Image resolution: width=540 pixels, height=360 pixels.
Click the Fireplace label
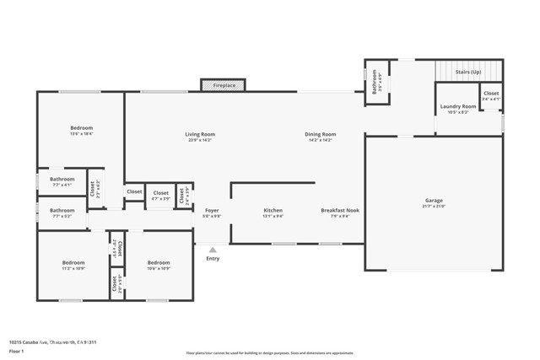point(224,85)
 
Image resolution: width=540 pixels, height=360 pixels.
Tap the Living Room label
point(200,134)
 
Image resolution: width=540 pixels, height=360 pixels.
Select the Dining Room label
point(321,134)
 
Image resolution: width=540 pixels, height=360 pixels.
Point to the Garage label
point(433,201)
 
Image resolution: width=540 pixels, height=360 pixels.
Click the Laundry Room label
point(457,107)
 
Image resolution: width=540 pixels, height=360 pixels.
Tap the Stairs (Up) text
point(468,72)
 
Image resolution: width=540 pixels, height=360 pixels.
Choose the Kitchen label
point(273,210)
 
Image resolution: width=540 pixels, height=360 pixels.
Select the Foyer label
point(213,210)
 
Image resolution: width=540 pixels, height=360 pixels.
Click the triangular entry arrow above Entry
point(213,250)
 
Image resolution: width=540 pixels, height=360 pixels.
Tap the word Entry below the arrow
point(213,258)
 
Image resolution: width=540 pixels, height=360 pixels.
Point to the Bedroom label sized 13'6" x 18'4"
point(81,128)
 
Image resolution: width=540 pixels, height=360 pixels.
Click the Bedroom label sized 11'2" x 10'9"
point(73,263)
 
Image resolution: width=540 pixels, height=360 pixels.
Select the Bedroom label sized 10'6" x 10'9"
point(159,263)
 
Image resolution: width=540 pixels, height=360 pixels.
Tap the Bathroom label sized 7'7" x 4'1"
point(62,179)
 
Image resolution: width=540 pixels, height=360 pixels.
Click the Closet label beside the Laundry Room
point(490,94)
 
